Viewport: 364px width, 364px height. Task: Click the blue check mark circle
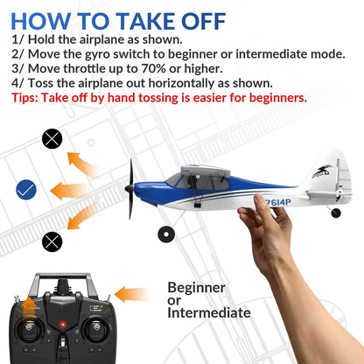(27, 187)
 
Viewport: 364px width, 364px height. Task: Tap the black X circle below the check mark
(53, 241)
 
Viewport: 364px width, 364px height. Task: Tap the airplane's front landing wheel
(165, 233)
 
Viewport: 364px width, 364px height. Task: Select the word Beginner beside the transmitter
(196, 287)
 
